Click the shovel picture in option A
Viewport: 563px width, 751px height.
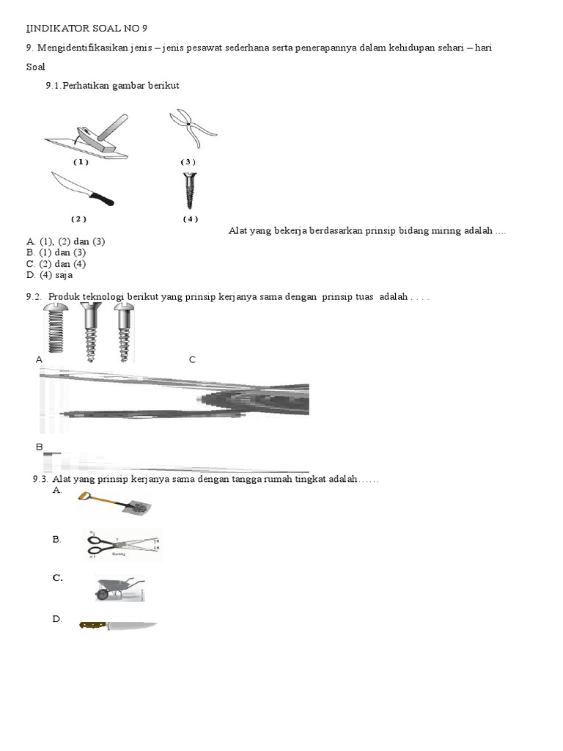114,504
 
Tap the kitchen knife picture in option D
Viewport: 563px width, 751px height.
118,626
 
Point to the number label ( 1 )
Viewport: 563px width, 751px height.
81,162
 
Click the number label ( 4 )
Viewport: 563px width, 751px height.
191,219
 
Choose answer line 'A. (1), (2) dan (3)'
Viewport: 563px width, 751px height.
65,241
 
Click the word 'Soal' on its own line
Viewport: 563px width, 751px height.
35,67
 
